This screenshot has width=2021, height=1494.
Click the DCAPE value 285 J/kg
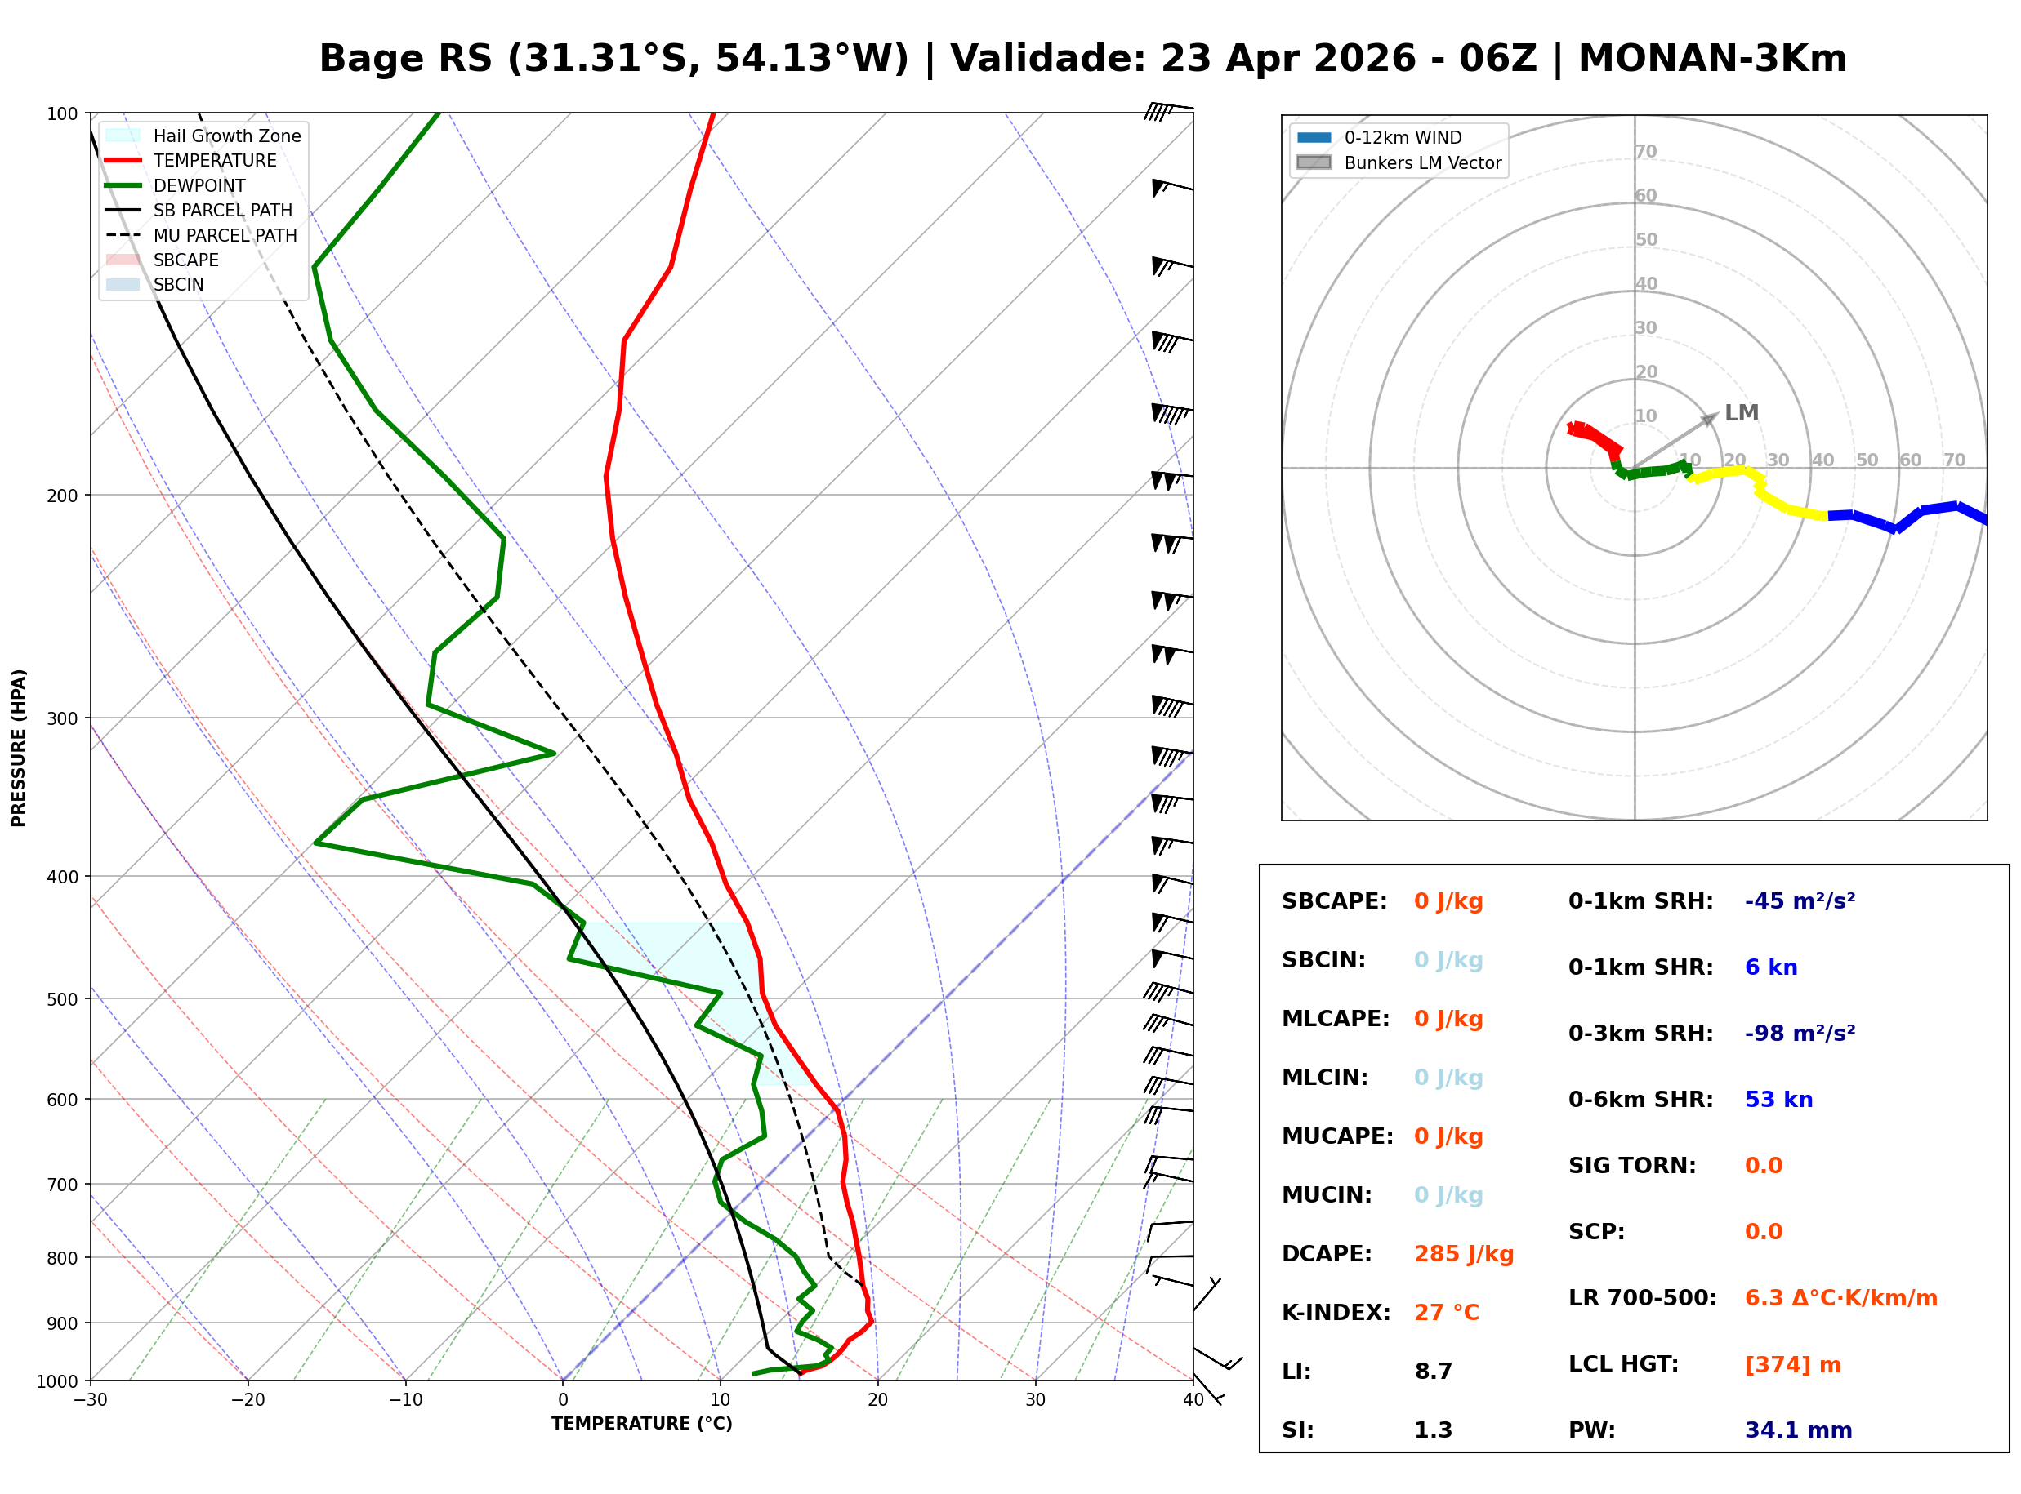(x=1463, y=1254)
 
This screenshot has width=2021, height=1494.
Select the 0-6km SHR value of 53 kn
(x=1778, y=1100)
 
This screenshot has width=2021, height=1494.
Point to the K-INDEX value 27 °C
(x=1446, y=1313)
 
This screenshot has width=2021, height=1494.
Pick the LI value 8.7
(x=1433, y=1372)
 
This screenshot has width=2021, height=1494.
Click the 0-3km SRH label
(x=1640, y=1034)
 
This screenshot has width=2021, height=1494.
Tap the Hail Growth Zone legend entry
(x=226, y=136)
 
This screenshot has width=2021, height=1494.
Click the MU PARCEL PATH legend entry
(x=225, y=235)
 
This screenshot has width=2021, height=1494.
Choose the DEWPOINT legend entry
(x=199, y=185)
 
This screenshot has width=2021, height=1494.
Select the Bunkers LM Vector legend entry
(x=1422, y=162)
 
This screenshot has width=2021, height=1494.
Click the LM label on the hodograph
(x=1741, y=413)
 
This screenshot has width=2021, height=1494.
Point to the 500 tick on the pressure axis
(x=61, y=999)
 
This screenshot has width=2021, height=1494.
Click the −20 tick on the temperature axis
(x=247, y=1400)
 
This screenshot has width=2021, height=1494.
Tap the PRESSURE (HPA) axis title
(x=18, y=748)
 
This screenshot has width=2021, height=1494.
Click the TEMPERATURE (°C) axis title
(x=641, y=1424)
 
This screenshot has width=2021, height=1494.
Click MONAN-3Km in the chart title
(x=1711, y=59)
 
